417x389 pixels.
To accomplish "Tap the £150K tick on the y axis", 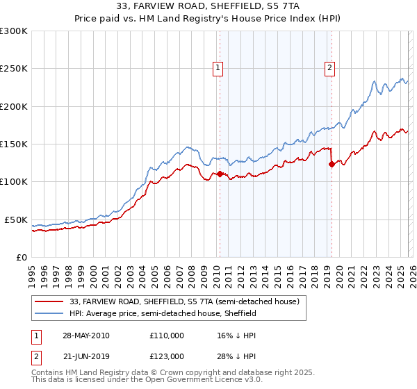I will tap(14, 144).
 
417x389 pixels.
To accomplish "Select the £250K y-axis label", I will tap(14, 69).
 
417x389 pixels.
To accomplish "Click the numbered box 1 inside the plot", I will tap(218, 68).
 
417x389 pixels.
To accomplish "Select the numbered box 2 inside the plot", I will tap(329, 68).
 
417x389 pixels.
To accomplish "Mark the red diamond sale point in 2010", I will tap(220, 174).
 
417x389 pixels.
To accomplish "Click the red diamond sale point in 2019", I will tap(332, 165).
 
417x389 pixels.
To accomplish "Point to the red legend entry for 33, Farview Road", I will tap(184, 301).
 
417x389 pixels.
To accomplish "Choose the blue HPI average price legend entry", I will tap(163, 313).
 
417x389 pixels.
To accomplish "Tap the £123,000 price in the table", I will tap(166, 356).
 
